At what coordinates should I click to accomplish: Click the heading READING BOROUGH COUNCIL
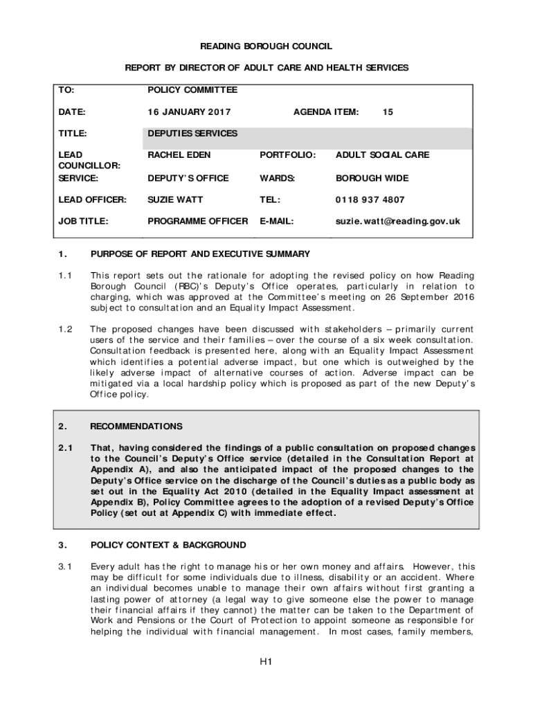tap(266, 46)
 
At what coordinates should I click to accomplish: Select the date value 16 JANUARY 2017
tap(189, 112)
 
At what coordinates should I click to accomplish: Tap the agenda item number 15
tap(388, 112)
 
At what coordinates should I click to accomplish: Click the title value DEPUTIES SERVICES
tap(192, 134)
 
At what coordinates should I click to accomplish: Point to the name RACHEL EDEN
tap(179, 155)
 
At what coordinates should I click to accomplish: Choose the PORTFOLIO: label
tap(287, 155)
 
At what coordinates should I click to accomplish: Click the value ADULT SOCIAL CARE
tap(382, 155)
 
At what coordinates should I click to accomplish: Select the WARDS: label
tap(277, 178)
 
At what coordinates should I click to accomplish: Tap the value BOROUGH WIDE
tap(372, 178)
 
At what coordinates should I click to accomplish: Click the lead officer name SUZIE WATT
tap(174, 200)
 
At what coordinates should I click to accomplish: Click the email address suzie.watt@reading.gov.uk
tap(397, 222)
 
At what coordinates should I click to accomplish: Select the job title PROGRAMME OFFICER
tap(197, 222)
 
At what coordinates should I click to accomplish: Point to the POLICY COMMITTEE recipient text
tap(192, 90)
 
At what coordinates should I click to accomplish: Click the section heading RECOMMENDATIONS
tap(136, 427)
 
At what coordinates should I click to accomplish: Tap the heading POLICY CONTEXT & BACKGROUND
tap(168, 545)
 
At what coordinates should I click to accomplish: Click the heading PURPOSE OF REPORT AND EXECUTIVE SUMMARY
tap(200, 254)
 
